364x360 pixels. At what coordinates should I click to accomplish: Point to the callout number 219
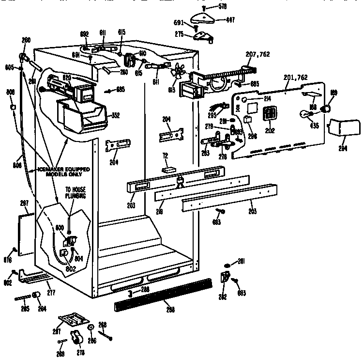click(160, 212)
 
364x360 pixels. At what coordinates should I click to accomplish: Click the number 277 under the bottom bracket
click(50, 293)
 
